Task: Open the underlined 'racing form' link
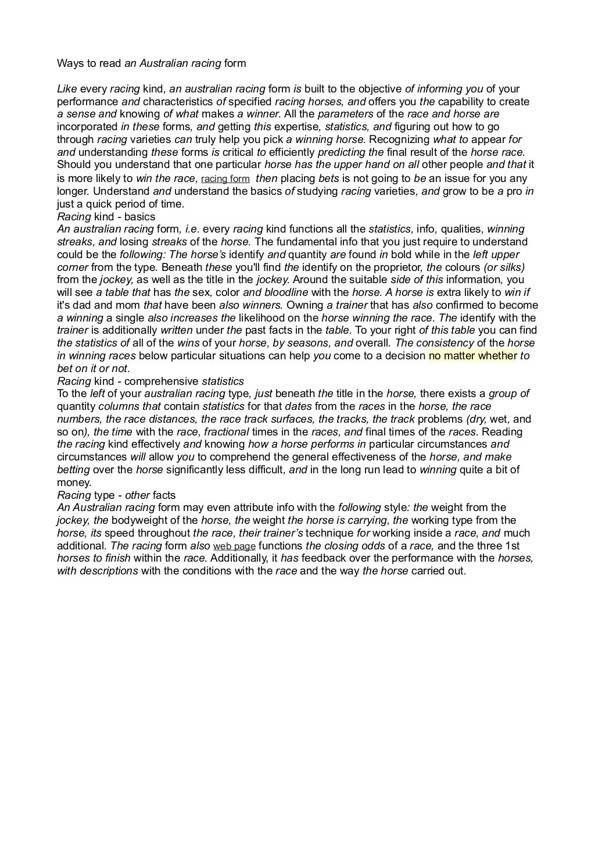click(225, 179)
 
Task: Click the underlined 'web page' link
click(235, 546)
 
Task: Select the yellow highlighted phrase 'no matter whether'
click(472, 356)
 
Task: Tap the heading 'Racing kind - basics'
click(106, 217)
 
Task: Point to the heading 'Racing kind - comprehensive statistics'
click(150, 381)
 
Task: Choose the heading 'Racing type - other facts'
click(116, 495)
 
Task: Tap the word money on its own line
click(74, 483)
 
